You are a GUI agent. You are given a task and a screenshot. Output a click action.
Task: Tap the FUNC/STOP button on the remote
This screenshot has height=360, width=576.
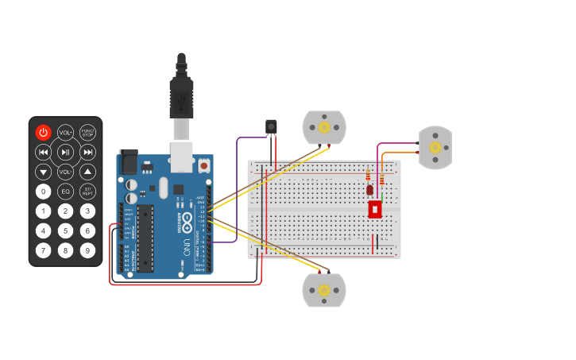(x=87, y=133)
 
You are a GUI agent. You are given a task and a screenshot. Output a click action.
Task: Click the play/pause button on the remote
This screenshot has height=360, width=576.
(x=65, y=153)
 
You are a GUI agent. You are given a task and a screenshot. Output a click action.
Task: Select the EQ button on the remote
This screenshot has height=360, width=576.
(x=65, y=192)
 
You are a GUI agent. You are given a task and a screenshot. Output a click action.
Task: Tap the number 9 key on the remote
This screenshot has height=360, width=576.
(x=87, y=250)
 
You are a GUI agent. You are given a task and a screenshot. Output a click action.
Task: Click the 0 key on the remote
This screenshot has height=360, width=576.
(x=43, y=192)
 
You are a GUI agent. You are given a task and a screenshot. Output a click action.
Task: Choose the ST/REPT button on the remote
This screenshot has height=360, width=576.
(x=87, y=192)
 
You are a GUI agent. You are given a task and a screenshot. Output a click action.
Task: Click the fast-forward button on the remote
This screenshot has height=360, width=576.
(x=87, y=153)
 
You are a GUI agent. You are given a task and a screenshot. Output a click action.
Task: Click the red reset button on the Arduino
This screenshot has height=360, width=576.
(x=204, y=166)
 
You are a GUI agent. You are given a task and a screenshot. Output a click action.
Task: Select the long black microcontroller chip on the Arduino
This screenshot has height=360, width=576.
(x=145, y=238)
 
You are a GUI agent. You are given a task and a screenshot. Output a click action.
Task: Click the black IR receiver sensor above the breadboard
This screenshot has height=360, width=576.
(x=271, y=127)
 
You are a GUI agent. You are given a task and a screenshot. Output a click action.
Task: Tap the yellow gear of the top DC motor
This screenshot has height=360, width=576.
(x=324, y=127)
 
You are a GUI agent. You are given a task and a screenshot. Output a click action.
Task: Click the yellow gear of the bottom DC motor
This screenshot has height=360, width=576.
(x=324, y=291)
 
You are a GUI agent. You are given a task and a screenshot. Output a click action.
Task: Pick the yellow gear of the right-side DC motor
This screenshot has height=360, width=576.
(x=435, y=147)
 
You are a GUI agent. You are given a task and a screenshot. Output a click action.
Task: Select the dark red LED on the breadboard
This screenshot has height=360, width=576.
(x=369, y=190)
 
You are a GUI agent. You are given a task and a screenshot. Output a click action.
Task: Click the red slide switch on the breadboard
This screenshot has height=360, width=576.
(x=375, y=210)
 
